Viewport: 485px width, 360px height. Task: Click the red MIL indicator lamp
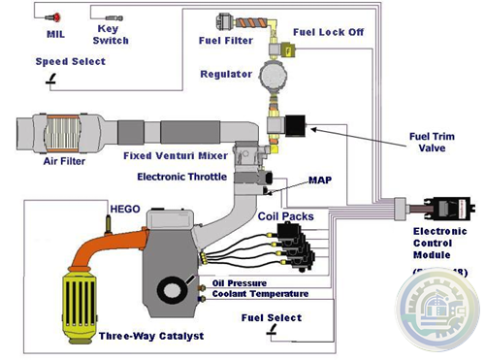pos(56,16)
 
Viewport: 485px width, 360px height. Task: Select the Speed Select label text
pos(71,61)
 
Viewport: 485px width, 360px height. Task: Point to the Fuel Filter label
pos(225,41)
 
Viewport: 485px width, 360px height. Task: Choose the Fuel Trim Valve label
pos(435,142)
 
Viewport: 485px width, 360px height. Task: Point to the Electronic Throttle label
pos(182,177)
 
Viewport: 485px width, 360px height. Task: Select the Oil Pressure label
pos(241,282)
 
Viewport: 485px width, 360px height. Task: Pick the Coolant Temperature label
pos(260,293)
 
